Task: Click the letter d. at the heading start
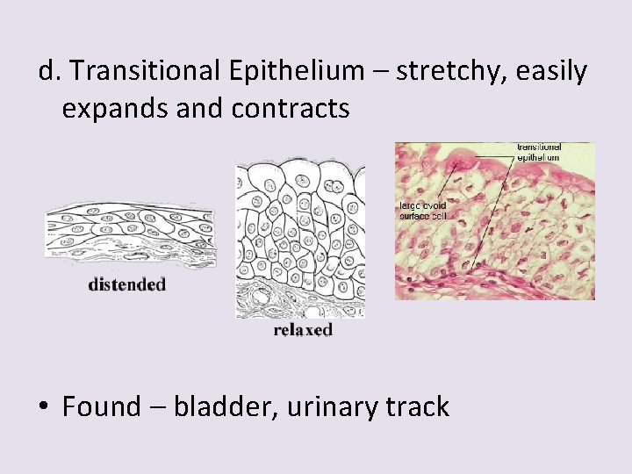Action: pos(49,71)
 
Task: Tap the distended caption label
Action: pos(126,284)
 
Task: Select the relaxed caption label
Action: pos(303,330)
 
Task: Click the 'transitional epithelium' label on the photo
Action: pos(539,153)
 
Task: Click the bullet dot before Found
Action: pos(45,408)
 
